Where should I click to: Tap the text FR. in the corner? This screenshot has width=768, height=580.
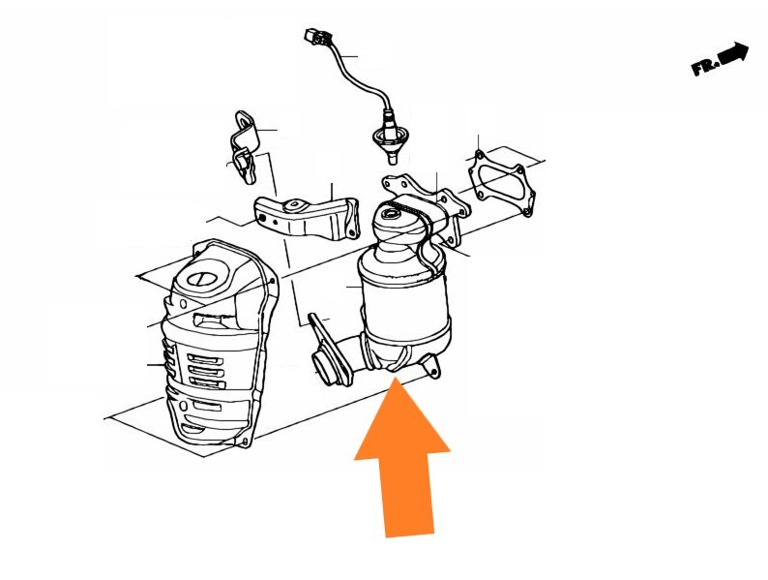click(705, 67)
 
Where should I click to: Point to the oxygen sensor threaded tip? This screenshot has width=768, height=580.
click(393, 158)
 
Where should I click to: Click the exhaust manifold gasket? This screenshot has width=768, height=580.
click(501, 182)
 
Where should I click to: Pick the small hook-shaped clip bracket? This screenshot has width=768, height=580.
click(245, 147)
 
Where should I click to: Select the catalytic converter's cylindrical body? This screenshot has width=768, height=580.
click(404, 299)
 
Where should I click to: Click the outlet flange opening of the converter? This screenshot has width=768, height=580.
click(324, 367)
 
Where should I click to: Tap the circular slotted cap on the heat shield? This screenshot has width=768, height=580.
click(201, 279)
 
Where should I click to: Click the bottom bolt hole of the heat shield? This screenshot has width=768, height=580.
click(245, 443)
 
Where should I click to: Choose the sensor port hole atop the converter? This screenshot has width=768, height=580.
click(391, 213)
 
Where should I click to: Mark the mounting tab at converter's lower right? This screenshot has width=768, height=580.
click(430, 365)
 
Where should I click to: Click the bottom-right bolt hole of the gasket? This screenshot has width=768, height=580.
click(527, 213)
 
